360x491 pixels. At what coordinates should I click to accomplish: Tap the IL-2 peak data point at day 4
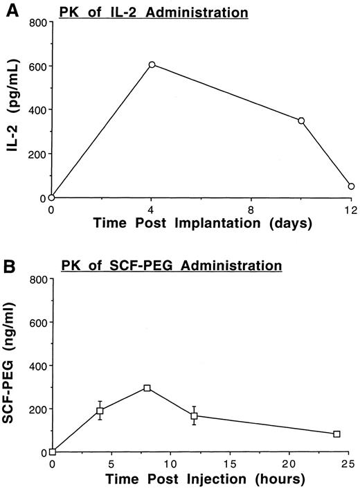click(152, 64)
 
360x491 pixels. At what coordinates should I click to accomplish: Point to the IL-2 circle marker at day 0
click(52, 197)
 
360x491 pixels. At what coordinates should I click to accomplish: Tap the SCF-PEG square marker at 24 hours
click(336, 434)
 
